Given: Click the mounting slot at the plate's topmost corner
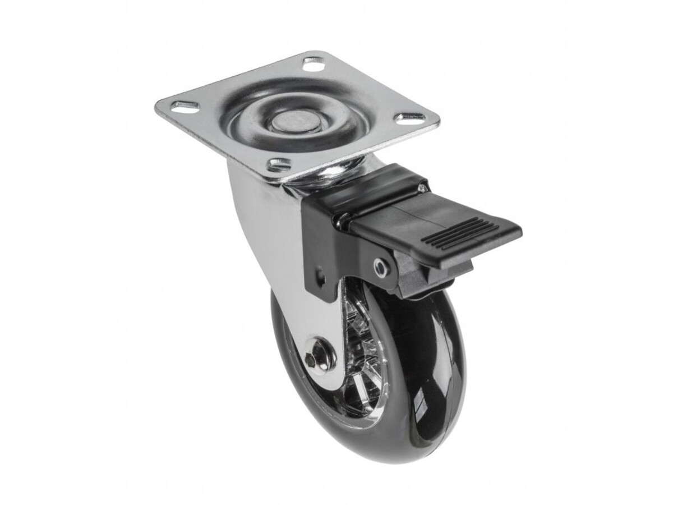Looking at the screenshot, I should [x=314, y=63].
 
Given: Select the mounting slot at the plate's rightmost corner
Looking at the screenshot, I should [x=411, y=118].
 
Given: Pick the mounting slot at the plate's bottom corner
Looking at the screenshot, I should [x=279, y=164].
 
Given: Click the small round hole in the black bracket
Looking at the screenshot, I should [x=320, y=276].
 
